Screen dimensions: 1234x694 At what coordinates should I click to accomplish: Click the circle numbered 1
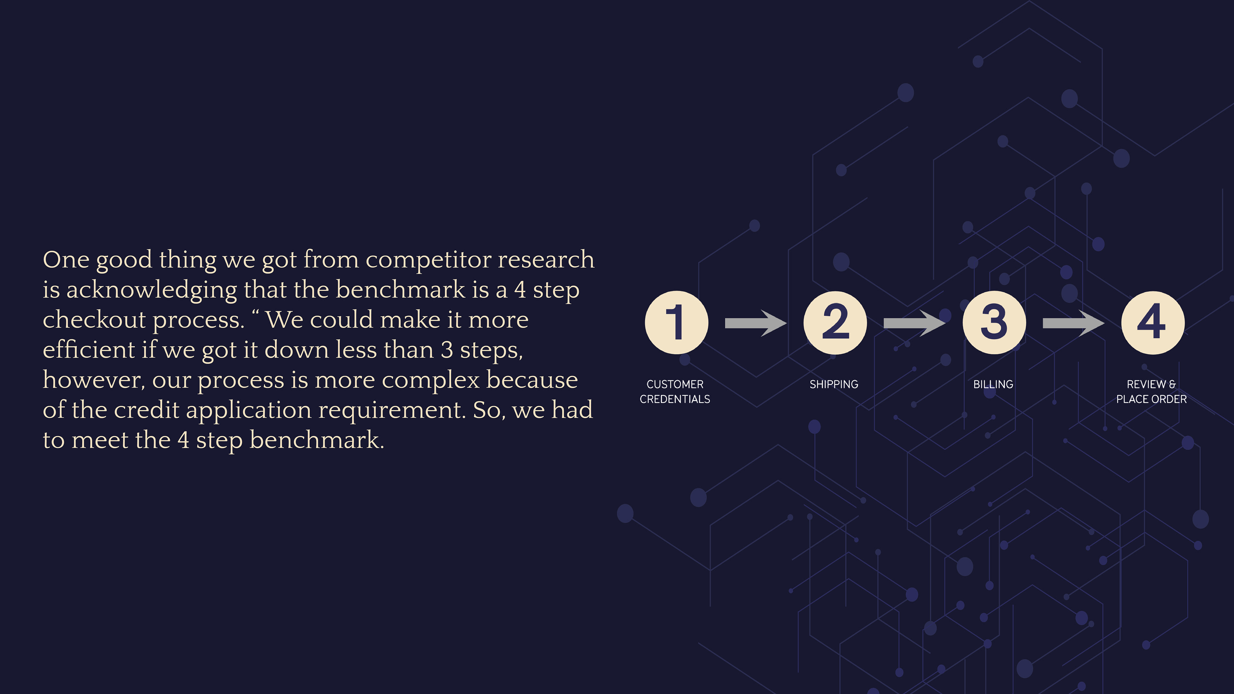point(676,322)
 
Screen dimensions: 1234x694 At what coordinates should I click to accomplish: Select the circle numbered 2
point(835,322)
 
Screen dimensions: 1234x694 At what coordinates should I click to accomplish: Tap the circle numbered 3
point(994,322)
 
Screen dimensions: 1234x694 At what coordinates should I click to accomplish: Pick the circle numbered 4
point(1153,322)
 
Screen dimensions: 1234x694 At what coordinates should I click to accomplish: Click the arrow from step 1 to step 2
point(756,323)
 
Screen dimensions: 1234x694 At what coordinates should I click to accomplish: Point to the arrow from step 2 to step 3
point(914,323)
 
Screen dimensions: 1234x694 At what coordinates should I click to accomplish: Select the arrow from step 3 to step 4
point(1073,323)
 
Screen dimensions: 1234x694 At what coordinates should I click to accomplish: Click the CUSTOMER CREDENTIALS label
point(675,391)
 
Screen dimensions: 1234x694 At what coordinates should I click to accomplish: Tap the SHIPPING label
point(834,384)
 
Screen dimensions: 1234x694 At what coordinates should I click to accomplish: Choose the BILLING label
point(993,384)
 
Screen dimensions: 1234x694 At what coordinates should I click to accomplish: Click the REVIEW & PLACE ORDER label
point(1151,391)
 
